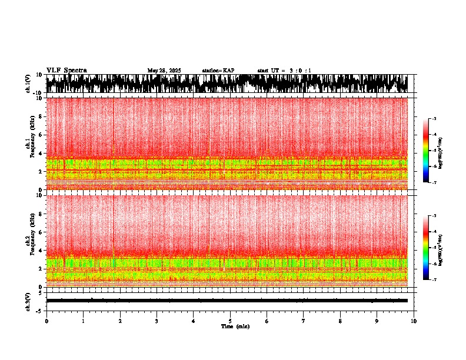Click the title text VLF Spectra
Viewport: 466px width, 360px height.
(66, 71)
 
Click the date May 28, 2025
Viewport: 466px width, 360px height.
(164, 71)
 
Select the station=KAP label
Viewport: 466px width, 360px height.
(218, 71)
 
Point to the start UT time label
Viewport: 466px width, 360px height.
(284, 71)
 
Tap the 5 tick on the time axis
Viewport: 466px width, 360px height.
(230, 321)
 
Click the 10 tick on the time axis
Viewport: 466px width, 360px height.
(414, 321)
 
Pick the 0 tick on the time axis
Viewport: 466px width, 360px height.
(46, 321)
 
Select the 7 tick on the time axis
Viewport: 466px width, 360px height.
(304, 321)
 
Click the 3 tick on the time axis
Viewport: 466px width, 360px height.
(157, 321)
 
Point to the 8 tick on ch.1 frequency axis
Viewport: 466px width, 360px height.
(40, 116)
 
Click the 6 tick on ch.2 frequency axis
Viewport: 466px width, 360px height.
(40, 232)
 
